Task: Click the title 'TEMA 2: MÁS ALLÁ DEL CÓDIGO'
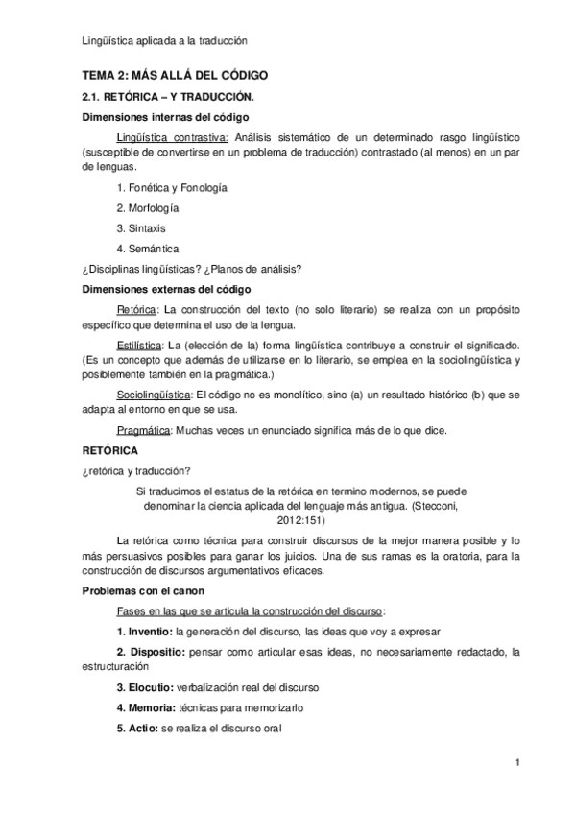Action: click(x=173, y=75)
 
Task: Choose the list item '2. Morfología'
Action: click(x=148, y=207)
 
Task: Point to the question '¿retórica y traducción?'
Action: click(x=135, y=469)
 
